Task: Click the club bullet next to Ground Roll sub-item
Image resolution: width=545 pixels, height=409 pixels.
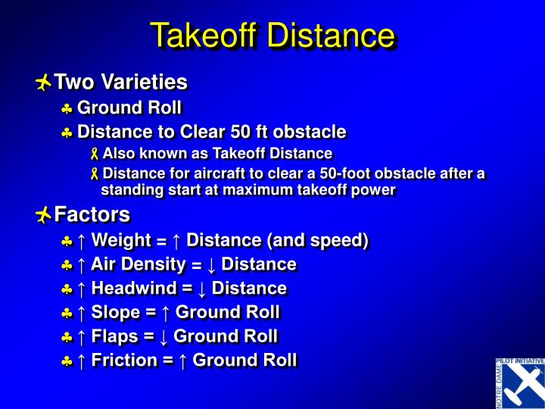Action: click(67, 108)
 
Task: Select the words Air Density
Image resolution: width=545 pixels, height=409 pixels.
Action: click(138, 264)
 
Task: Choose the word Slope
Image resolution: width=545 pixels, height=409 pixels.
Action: click(116, 312)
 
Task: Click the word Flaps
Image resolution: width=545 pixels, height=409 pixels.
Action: click(115, 336)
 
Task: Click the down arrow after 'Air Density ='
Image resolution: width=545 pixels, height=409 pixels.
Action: click(211, 265)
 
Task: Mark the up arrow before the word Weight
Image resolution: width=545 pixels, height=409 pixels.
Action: click(81, 241)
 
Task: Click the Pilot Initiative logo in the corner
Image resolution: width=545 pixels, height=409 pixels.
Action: click(519, 382)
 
